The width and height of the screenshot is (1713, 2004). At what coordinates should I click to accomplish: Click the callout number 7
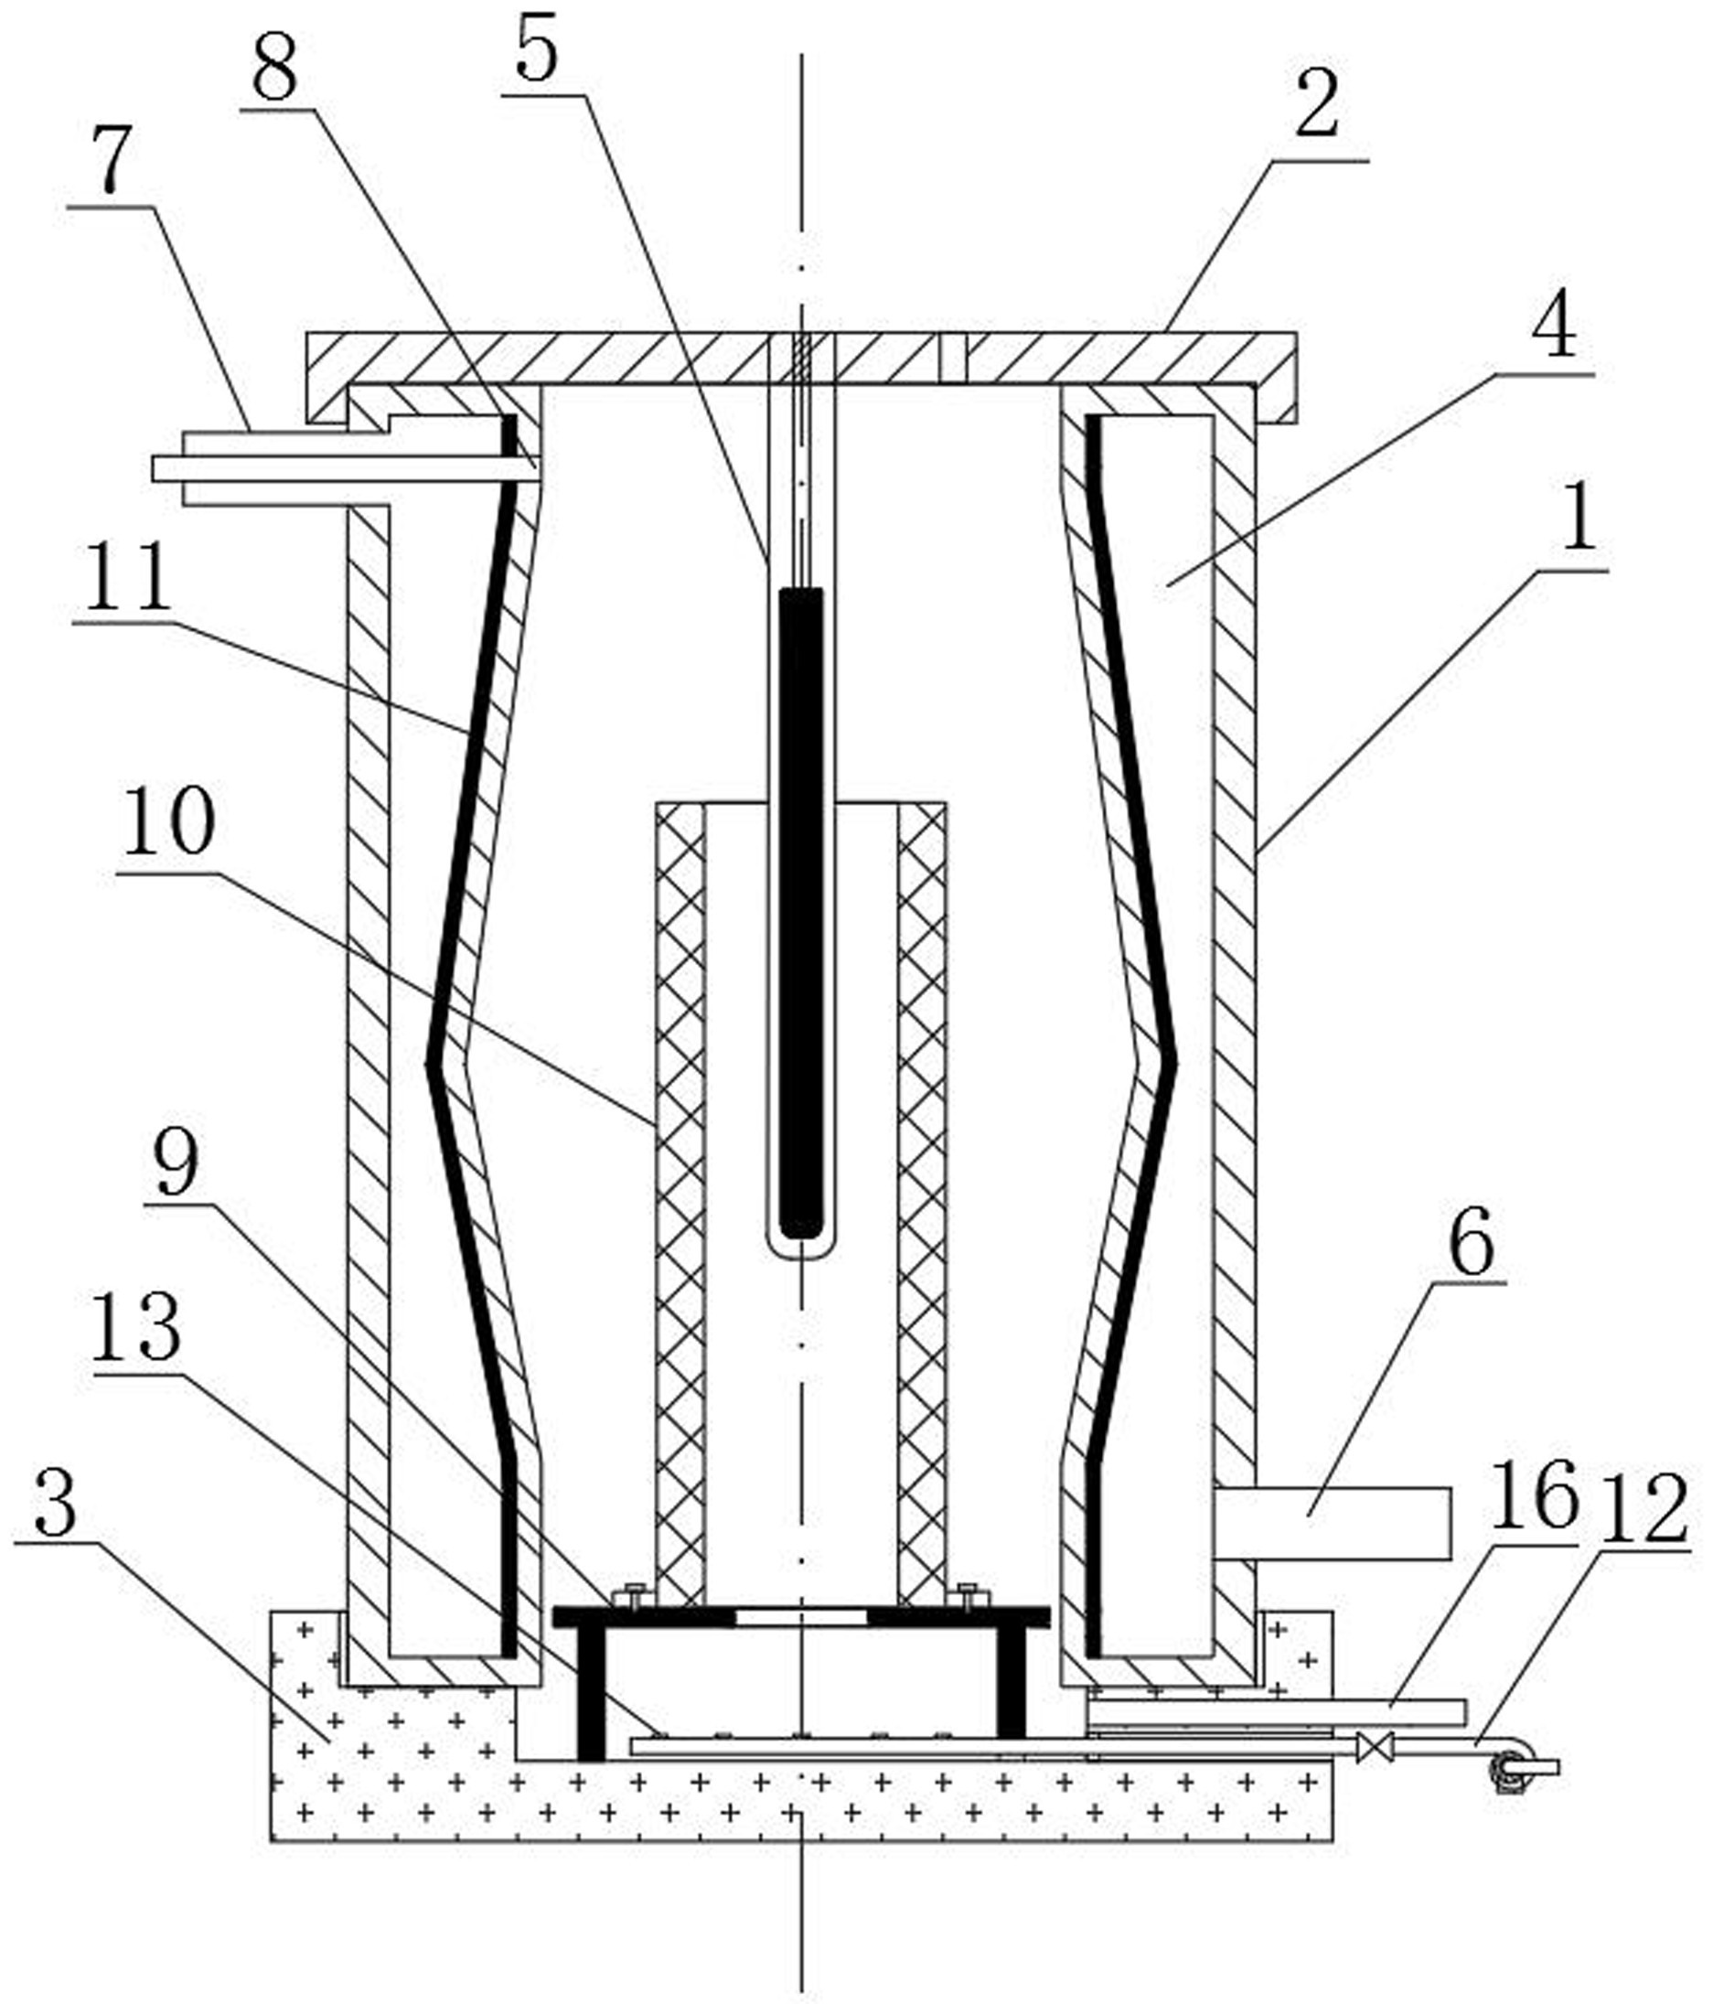coord(111,158)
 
